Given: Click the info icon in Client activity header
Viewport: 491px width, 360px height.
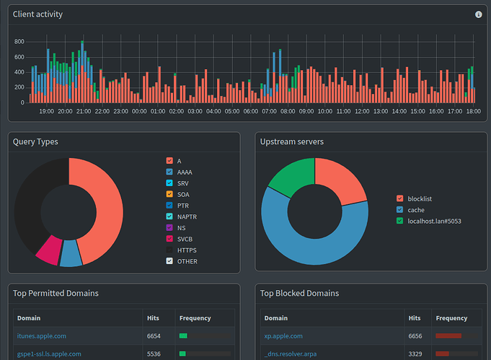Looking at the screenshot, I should tap(478, 14).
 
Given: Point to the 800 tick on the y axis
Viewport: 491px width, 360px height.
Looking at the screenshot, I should tap(19, 42).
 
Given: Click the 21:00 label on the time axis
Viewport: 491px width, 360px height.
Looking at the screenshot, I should tap(84, 112).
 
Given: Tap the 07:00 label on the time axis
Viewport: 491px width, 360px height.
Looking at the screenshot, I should tap(270, 112).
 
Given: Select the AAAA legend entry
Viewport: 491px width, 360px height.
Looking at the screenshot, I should tap(185, 172).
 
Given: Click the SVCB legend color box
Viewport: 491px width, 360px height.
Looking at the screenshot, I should tap(169, 239).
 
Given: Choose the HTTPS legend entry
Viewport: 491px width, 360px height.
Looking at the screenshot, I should tap(187, 250).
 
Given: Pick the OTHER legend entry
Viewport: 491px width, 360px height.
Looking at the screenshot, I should tap(187, 261).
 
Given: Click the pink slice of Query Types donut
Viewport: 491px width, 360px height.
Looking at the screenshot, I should tap(49, 250).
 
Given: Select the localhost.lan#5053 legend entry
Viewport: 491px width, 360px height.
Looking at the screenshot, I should tap(434, 221).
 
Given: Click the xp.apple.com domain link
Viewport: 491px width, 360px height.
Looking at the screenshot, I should tap(283, 336).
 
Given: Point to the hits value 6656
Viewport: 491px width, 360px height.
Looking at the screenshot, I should tap(415, 336).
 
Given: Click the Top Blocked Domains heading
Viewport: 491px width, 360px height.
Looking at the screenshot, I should tap(299, 293).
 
